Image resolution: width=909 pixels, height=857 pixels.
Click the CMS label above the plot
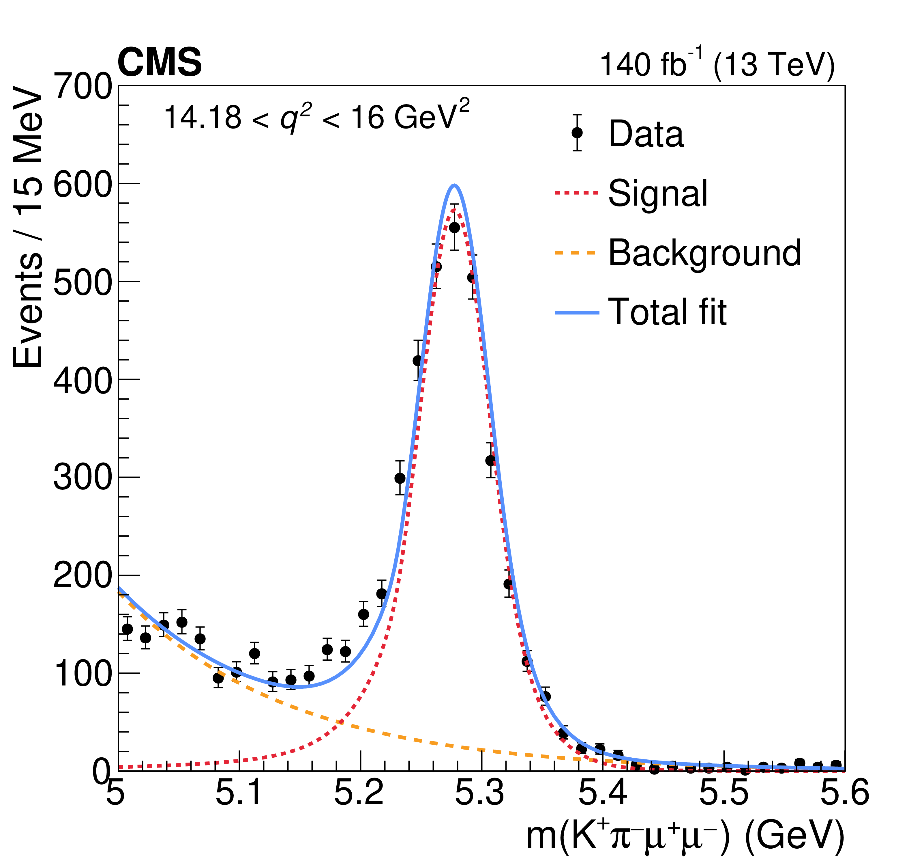point(160,63)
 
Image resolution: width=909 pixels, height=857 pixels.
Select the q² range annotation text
point(316,117)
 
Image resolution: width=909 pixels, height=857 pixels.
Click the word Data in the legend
point(646,134)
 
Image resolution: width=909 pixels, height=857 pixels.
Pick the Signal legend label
point(657,193)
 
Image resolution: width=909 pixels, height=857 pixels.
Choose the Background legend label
point(704,253)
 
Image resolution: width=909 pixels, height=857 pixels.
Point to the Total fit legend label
point(667,312)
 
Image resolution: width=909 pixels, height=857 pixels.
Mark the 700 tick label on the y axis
point(83,86)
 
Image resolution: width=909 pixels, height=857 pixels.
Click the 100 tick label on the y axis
point(83,674)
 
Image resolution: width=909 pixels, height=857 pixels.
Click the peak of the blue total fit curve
point(454,185)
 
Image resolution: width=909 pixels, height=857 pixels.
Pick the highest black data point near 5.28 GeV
point(454,228)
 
